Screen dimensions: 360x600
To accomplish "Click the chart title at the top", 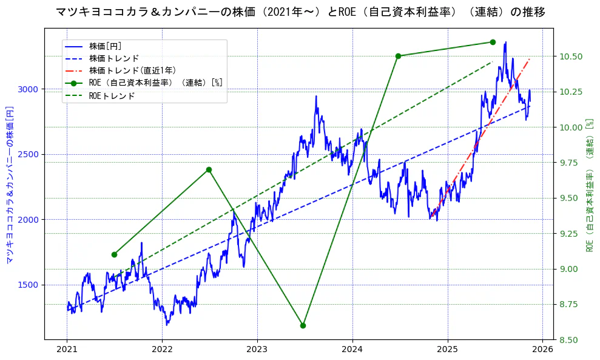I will pyautogui.click(x=300, y=12).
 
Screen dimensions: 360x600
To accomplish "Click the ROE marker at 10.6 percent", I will pyautogui.click(x=493, y=42).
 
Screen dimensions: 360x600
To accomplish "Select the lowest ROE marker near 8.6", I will pyautogui.click(x=303, y=325).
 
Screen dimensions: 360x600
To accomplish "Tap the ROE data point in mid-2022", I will pyautogui.click(x=209, y=169).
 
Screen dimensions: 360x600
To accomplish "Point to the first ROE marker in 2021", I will pyautogui.click(x=114, y=254).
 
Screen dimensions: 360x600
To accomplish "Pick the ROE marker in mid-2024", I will pyautogui.click(x=398, y=56).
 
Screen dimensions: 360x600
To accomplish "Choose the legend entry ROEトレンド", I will pyautogui.click(x=112, y=95).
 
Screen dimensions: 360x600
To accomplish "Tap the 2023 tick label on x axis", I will pyautogui.click(x=257, y=350).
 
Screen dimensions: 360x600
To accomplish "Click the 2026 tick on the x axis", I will pyautogui.click(x=542, y=350).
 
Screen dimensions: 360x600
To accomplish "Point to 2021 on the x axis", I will pyautogui.click(x=67, y=350).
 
